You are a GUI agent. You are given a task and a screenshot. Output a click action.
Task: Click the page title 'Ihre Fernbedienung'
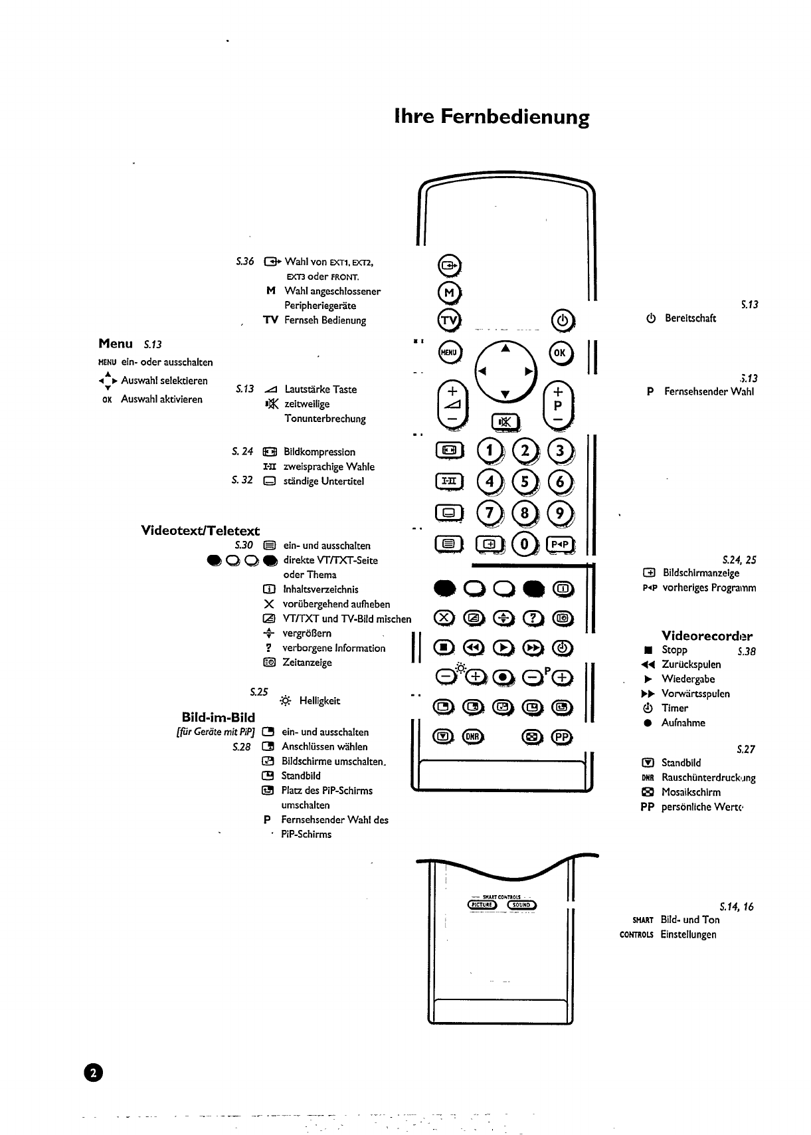coord(492,118)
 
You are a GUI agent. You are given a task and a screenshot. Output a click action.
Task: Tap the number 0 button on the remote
coord(525,544)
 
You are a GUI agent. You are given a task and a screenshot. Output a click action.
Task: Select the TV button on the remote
coord(449,320)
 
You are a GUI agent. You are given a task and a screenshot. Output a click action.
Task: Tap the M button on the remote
coord(449,292)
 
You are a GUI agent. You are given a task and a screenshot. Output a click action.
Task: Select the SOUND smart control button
coord(521,904)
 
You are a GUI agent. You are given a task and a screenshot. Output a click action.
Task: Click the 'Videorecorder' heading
coord(707,635)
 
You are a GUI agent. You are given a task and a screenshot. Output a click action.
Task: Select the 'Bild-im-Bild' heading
coord(218,717)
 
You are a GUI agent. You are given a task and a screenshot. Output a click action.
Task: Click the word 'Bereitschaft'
coord(690,318)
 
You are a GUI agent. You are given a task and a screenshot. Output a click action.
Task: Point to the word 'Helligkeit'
coord(319,700)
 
